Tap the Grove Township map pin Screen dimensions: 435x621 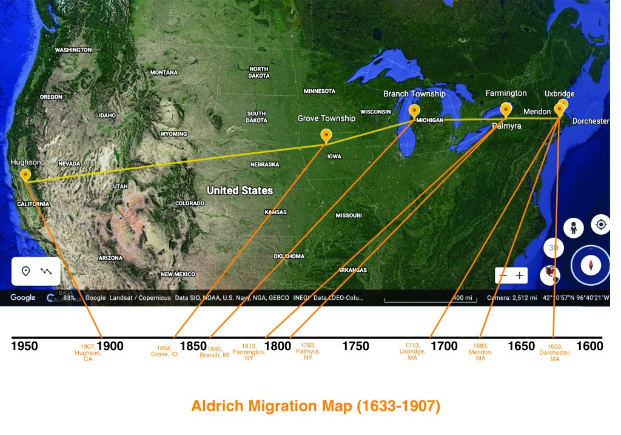click(326, 135)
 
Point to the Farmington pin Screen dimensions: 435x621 click(506, 109)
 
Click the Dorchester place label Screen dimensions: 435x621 click(590, 121)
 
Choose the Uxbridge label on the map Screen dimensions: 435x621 click(559, 94)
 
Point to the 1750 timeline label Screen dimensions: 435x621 click(355, 346)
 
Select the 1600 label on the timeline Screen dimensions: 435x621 click(589, 346)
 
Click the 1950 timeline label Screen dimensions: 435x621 click(24, 346)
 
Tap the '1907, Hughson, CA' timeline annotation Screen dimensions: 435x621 click(88, 352)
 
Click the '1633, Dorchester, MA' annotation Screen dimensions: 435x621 click(554, 352)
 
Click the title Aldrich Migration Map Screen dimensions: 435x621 click(315, 406)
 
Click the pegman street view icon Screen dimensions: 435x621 click(572, 228)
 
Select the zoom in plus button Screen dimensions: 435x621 click(520, 275)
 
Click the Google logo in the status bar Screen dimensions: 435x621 click(23, 298)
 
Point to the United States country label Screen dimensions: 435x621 click(240, 191)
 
